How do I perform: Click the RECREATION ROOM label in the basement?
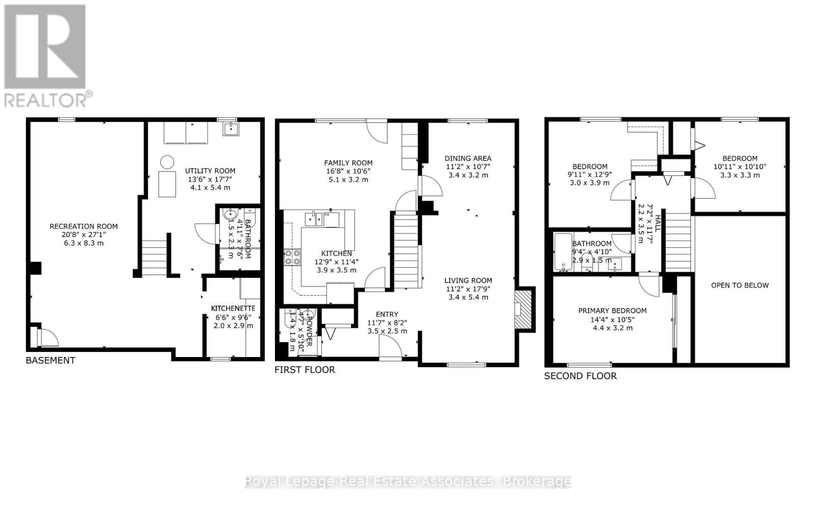(x=83, y=226)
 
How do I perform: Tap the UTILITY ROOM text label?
(x=210, y=171)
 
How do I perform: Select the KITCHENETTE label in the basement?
(x=233, y=309)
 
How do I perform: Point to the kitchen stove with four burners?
(x=293, y=257)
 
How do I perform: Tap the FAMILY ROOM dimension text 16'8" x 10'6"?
(x=348, y=171)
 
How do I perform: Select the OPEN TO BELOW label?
(x=739, y=285)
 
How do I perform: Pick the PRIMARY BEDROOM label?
(x=612, y=311)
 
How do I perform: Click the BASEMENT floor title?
(x=50, y=361)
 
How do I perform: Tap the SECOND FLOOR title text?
(x=580, y=376)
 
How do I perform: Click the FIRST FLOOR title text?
(x=304, y=370)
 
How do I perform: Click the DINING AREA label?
(x=468, y=158)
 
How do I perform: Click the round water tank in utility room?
(x=167, y=162)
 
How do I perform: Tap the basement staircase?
(x=155, y=258)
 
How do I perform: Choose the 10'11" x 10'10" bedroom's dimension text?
(x=739, y=167)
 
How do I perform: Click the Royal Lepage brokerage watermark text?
(x=408, y=481)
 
